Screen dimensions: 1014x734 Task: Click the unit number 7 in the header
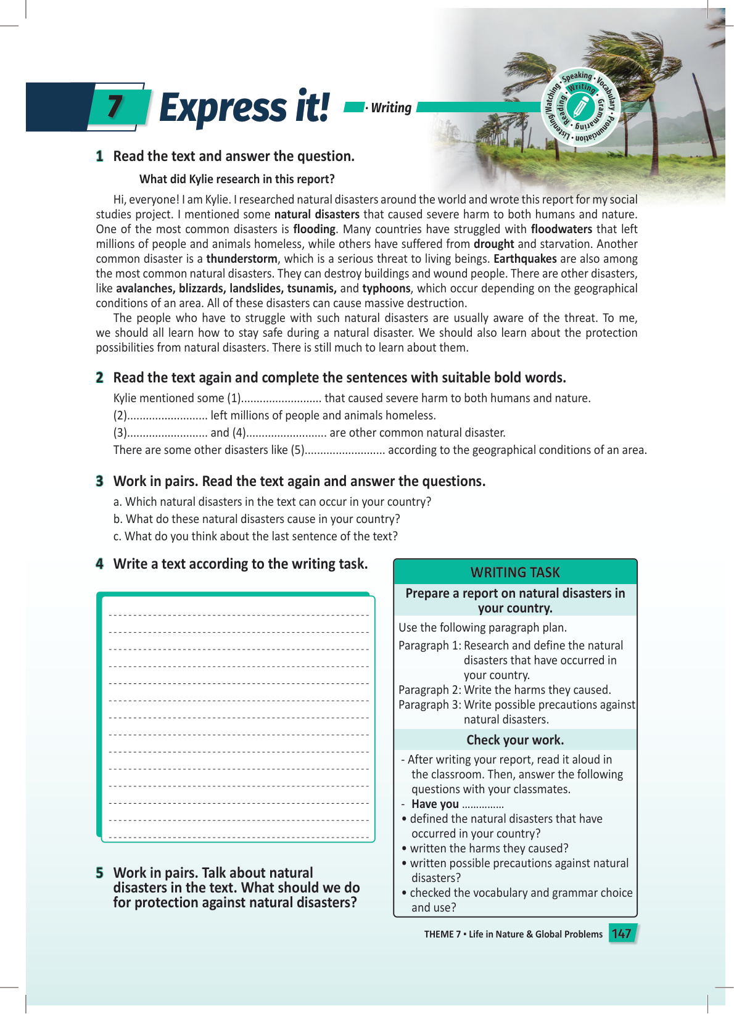115,106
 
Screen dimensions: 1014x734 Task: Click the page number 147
621,933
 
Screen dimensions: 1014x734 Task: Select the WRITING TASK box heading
515,572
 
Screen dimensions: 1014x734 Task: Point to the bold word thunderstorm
242,259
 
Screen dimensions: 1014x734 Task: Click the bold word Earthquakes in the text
525,259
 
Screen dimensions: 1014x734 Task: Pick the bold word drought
493,244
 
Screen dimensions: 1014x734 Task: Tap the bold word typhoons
386,289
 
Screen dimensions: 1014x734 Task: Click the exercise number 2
99,377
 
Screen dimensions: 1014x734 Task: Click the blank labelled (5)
345,450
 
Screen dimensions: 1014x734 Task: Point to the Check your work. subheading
515,740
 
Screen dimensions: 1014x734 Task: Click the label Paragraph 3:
430,705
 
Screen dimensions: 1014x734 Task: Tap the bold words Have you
435,804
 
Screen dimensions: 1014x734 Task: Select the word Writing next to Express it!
391,108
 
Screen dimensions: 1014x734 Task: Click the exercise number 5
99,873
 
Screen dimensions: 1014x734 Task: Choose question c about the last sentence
255,537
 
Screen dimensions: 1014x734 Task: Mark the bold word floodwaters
561,229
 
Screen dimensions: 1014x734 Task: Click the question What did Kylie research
237,179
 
